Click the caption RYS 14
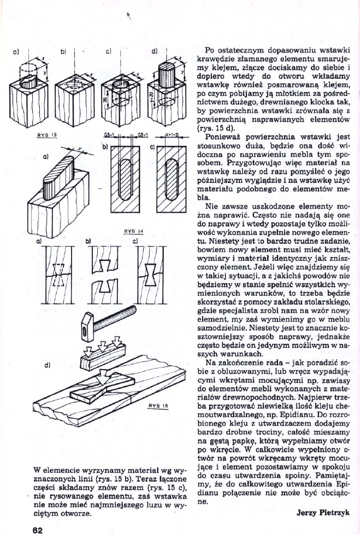click(x=133, y=230)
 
